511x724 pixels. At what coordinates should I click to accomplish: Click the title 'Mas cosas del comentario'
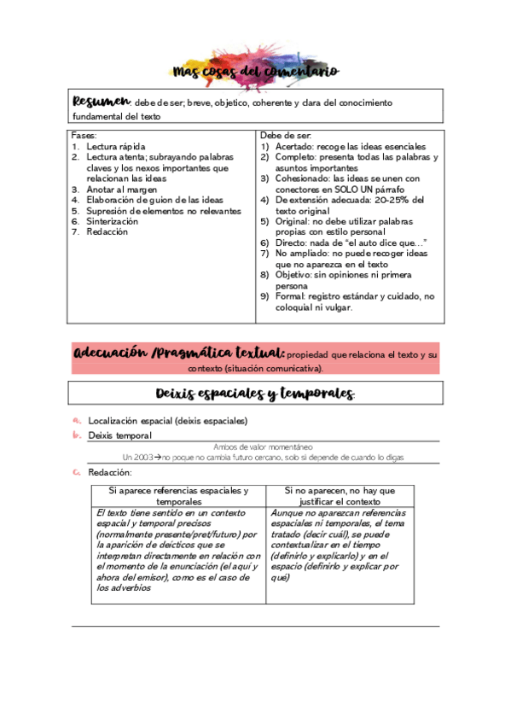[255, 72]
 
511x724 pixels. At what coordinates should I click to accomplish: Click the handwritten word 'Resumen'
[102, 102]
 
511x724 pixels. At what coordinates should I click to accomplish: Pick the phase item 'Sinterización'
[112, 221]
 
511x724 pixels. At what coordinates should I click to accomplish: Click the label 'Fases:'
[84, 136]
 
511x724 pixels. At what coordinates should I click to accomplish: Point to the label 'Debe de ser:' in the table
[286, 136]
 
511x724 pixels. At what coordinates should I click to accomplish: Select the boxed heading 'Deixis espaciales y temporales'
[255, 394]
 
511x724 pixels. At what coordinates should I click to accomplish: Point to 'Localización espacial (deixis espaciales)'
[168, 420]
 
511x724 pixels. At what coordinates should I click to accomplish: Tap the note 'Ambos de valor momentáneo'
[263, 447]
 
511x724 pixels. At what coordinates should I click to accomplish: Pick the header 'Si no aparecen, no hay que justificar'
[340, 496]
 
